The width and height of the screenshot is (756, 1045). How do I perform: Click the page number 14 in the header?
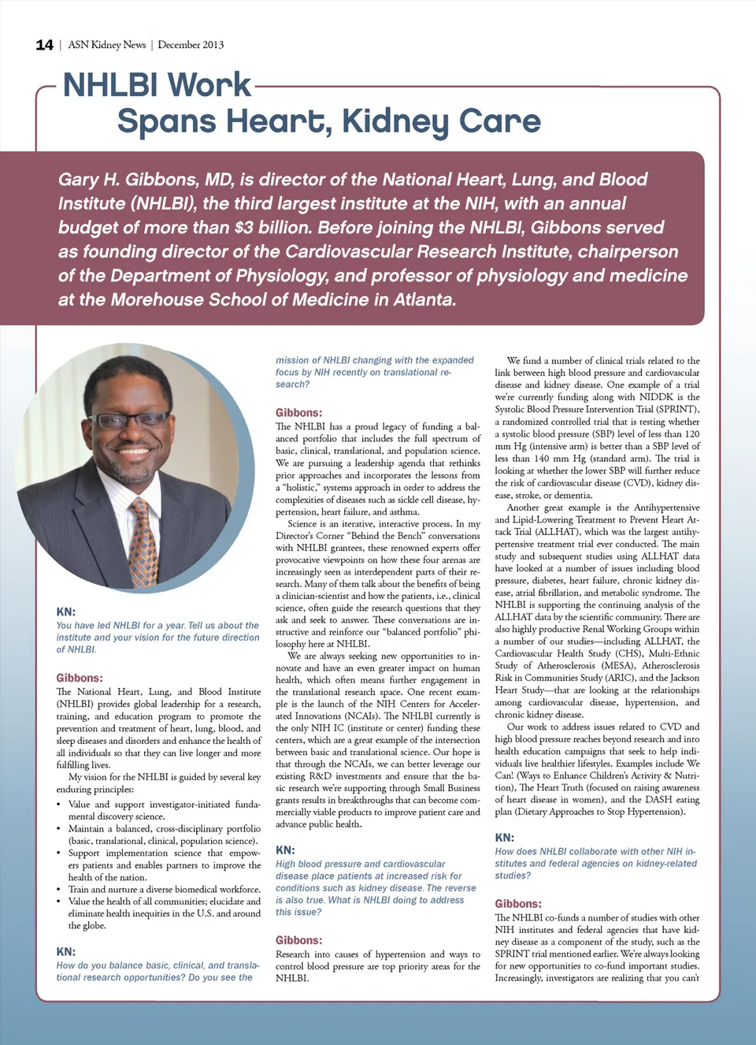click(44, 45)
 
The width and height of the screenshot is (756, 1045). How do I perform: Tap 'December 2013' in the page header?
click(191, 45)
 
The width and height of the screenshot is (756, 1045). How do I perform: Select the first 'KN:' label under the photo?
click(65, 612)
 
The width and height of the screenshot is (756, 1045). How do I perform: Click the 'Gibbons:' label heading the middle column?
click(298, 412)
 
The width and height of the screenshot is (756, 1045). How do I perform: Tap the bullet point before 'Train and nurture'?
click(60, 890)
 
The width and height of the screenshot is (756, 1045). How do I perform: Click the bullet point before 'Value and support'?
click(60, 805)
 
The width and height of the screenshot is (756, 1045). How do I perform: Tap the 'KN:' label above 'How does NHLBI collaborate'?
click(504, 838)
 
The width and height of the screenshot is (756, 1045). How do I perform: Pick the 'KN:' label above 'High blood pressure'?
click(285, 850)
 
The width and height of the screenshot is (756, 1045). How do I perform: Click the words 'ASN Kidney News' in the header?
click(107, 45)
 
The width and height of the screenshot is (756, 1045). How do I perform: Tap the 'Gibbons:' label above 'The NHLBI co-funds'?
click(518, 904)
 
